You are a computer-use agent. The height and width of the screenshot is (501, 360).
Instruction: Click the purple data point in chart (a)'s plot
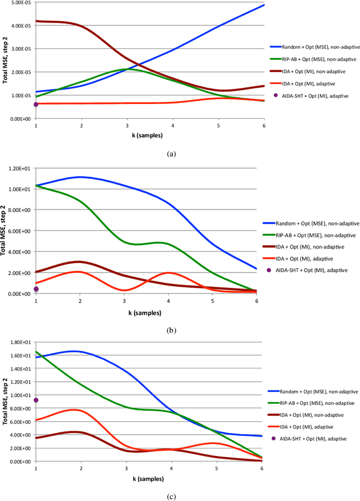(x=36, y=104)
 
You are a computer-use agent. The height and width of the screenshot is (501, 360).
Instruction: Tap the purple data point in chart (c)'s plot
(x=36, y=400)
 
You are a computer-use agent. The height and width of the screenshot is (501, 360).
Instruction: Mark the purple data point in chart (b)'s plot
(x=36, y=289)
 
